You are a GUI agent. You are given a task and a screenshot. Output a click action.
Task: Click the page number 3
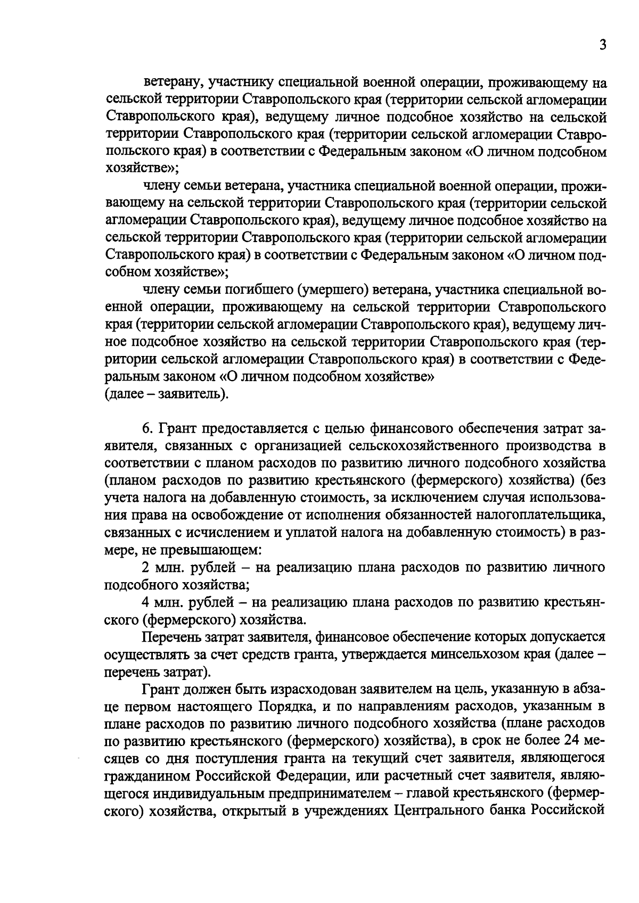pyautogui.click(x=602, y=46)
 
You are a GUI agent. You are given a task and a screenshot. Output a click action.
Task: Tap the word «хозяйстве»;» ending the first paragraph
pyautogui.click(x=142, y=169)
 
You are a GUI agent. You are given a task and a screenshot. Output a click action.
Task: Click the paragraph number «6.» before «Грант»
pyautogui.click(x=148, y=429)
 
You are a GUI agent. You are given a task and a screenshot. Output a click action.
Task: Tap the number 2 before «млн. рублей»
pyautogui.click(x=146, y=567)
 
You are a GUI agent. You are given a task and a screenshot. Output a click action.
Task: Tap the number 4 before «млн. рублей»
pyautogui.click(x=146, y=602)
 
